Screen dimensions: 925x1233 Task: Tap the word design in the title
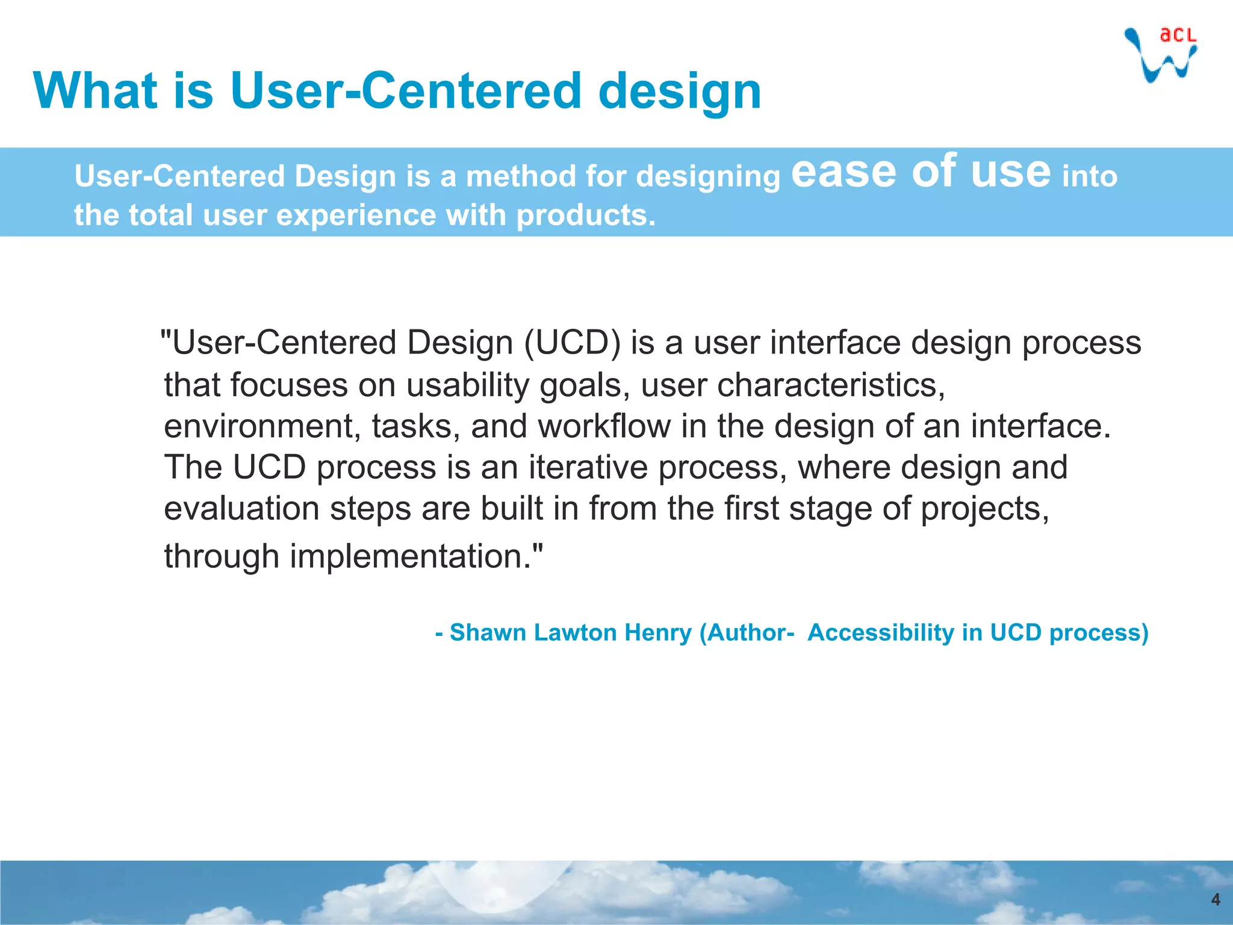coord(680,92)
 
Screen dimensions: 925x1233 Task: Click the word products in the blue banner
coord(585,216)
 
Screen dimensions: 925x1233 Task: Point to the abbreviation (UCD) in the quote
coord(572,343)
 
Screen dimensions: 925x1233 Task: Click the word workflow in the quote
coord(603,426)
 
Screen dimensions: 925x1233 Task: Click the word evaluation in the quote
coord(241,508)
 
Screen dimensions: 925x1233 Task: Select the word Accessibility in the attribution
coord(881,632)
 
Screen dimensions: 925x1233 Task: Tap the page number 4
coord(1215,899)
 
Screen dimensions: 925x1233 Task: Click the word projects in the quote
coord(984,508)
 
